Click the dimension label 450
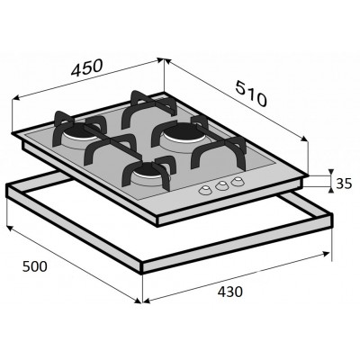tap(84, 69)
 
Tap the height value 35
tap(343, 184)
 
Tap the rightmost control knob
tap(237, 181)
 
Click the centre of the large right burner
tap(187, 135)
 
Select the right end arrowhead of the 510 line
tap(308, 139)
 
